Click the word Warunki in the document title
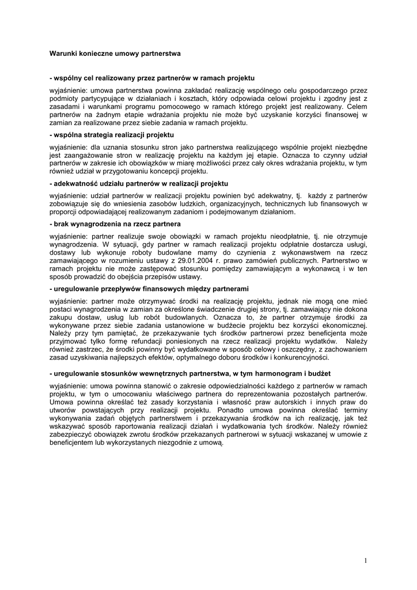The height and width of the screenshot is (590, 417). pos(62,53)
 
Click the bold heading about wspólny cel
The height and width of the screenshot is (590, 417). pos(152,77)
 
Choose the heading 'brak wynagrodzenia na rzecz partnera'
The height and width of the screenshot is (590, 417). pos(115,224)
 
